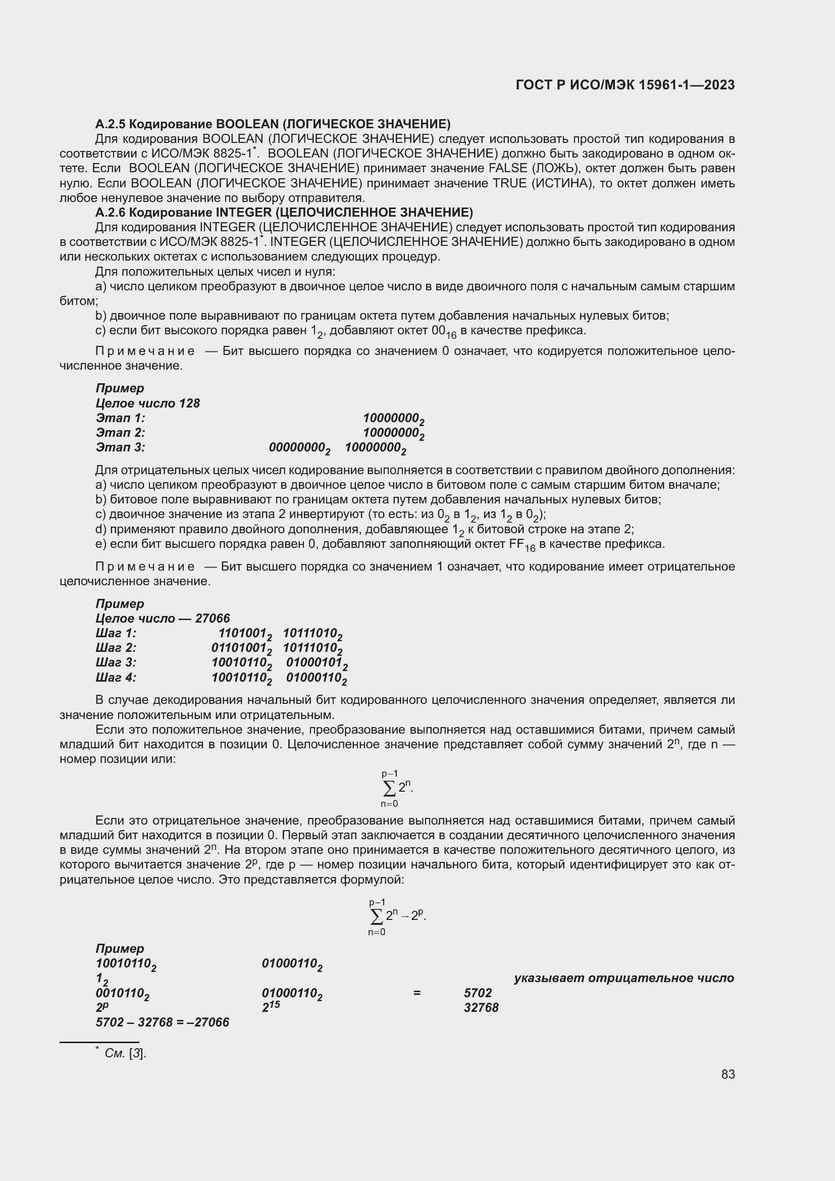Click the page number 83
click(727, 1074)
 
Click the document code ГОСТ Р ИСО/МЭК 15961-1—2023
click(624, 85)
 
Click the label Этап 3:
click(120, 447)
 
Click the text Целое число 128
click(147, 403)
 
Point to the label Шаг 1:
click(116, 633)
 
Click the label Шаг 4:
click(116, 678)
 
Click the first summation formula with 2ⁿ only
click(396, 788)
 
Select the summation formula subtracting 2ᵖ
click(396, 916)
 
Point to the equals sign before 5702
click(416, 993)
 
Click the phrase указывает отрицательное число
click(623, 978)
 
